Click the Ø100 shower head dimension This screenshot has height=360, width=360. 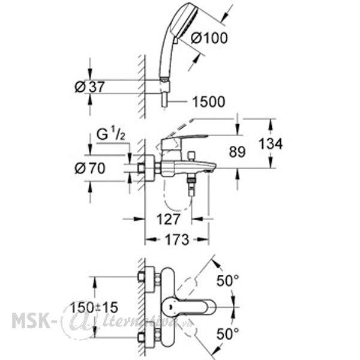pyautogui.click(x=209, y=38)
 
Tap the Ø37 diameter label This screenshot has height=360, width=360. pyautogui.click(x=90, y=86)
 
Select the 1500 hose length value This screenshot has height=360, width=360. pyautogui.click(x=208, y=102)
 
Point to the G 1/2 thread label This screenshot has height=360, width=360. pyautogui.click(x=111, y=134)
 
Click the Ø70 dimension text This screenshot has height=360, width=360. pyautogui.click(x=90, y=168)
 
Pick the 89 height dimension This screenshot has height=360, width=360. pyautogui.click(x=237, y=152)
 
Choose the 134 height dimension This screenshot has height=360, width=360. pyautogui.click(x=271, y=144)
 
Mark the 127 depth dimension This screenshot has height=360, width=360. pyautogui.click(x=168, y=219)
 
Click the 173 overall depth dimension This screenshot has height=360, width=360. pyautogui.click(x=177, y=239)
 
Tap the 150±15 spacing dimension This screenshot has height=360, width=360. pyautogui.click(x=94, y=307)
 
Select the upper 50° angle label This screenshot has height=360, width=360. pyautogui.click(x=227, y=280)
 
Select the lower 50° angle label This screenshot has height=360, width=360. pyautogui.click(x=227, y=334)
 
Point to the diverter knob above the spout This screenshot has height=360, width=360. pyautogui.click(x=191, y=155)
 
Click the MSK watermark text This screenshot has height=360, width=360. pyautogui.click(x=31, y=320)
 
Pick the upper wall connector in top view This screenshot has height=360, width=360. pyautogui.click(x=149, y=278)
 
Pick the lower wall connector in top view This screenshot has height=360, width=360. pyautogui.click(x=149, y=335)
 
